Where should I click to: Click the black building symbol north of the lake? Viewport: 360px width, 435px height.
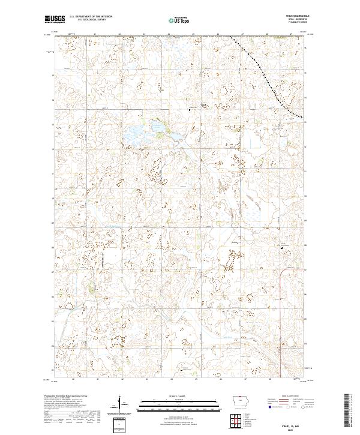click(x=190, y=110)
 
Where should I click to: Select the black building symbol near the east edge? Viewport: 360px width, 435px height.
click(x=283, y=246)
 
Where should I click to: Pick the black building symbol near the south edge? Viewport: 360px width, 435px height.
click(x=182, y=371)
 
